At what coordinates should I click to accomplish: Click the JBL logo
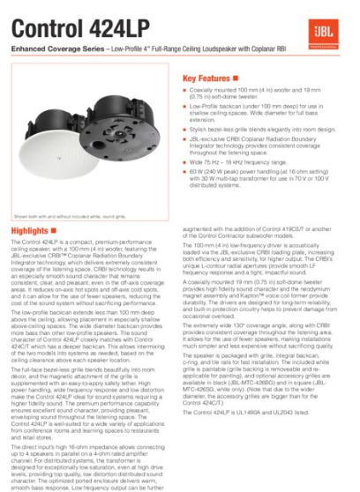tap(338, 32)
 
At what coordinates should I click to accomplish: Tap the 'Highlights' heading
tap(28, 230)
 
